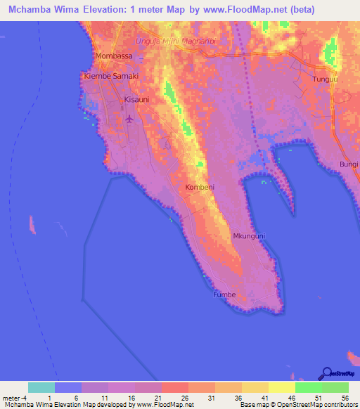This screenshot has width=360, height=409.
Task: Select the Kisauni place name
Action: pyautogui.click(x=136, y=100)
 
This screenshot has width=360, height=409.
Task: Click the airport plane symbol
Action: pyautogui.click(x=129, y=119)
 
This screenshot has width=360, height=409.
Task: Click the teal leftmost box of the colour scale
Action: pyautogui.click(x=41, y=387)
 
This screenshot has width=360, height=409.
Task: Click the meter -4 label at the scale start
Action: pyautogui.click(x=13, y=397)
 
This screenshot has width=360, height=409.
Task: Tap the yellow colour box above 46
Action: pyautogui.click(x=282, y=387)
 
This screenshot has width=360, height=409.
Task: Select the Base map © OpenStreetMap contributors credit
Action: pyautogui.click(x=297, y=405)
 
